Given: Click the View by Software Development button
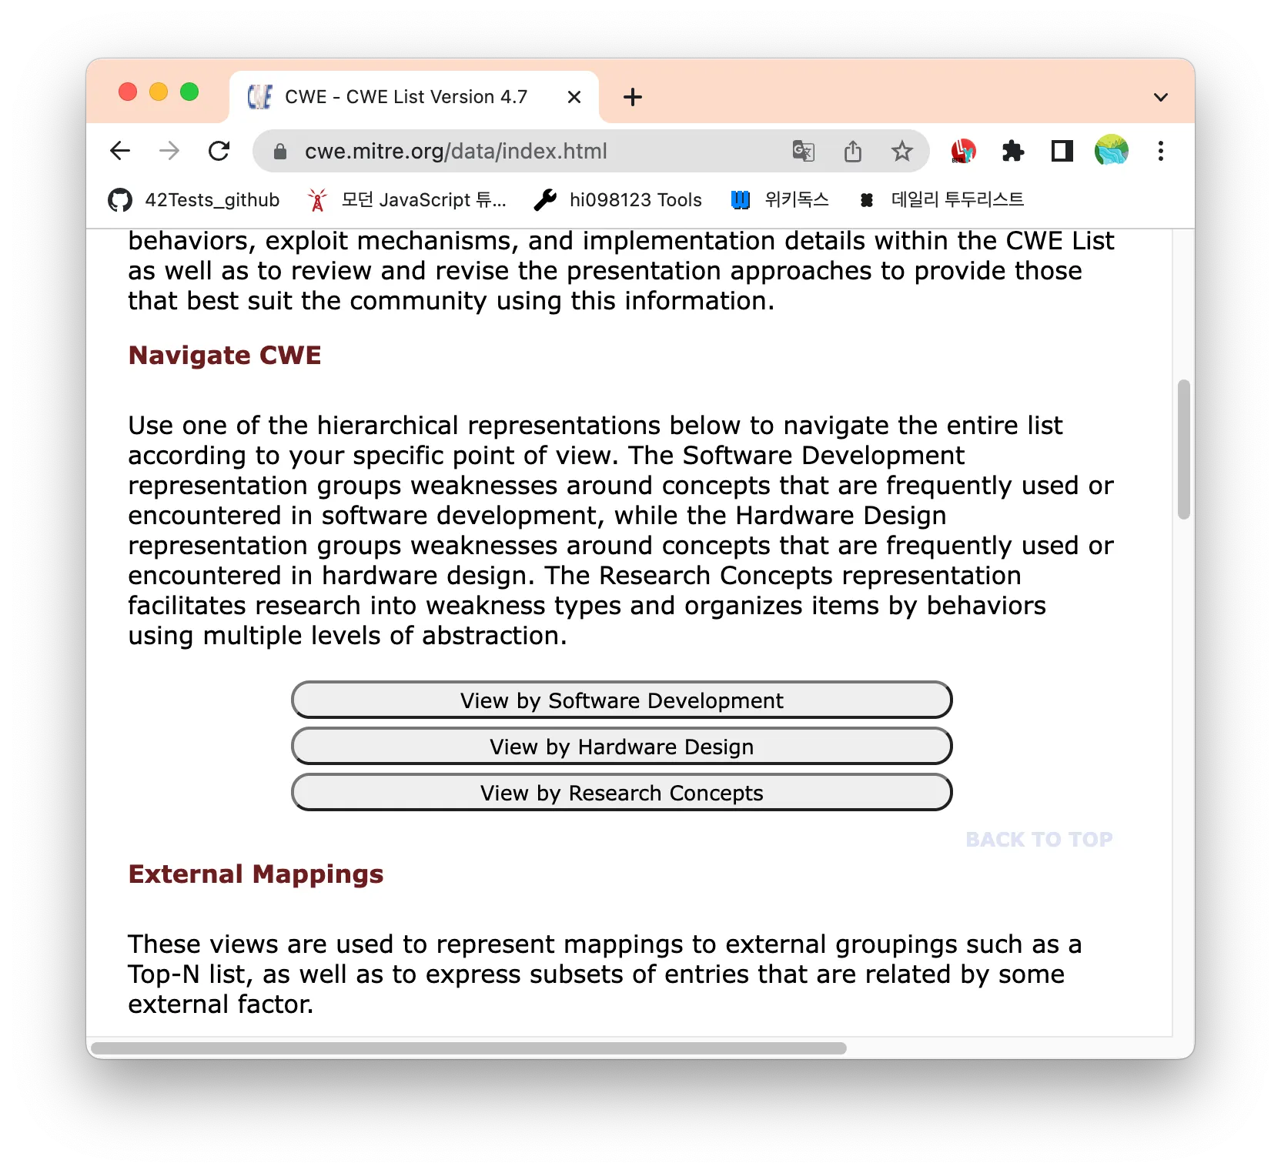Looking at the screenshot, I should pyautogui.click(x=621, y=700).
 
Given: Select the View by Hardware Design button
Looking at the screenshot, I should pyautogui.click(x=621, y=747).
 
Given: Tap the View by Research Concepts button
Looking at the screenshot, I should pyautogui.click(x=621, y=793).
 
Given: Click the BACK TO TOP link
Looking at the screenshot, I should pyautogui.click(x=1039, y=839).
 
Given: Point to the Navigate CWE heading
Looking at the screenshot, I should pyautogui.click(x=225, y=356).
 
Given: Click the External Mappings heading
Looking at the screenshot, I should pyautogui.click(x=256, y=874).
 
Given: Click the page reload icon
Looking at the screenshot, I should pyautogui.click(x=219, y=151).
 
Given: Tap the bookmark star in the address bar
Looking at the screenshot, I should pyautogui.click(x=901, y=151).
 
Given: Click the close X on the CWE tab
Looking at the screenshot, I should pyautogui.click(x=574, y=97).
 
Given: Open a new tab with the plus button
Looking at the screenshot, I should pyautogui.click(x=633, y=97).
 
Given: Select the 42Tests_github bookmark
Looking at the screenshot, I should pyautogui.click(x=194, y=200).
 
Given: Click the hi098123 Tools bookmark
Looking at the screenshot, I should pyautogui.click(x=617, y=200).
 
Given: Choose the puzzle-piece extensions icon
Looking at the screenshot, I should pyautogui.click(x=1013, y=151).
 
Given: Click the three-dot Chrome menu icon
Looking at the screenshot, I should pyautogui.click(x=1160, y=151).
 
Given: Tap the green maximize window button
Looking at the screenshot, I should pyautogui.click(x=189, y=92).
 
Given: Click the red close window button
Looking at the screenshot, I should pyautogui.click(x=128, y=92).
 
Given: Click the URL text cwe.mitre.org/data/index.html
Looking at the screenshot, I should pyautogui.click(x=456, y=151).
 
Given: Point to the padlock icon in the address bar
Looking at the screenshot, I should pyautogui.click(x=280, y=152).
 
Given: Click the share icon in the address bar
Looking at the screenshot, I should pyautogui.click(x=852, y=151).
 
